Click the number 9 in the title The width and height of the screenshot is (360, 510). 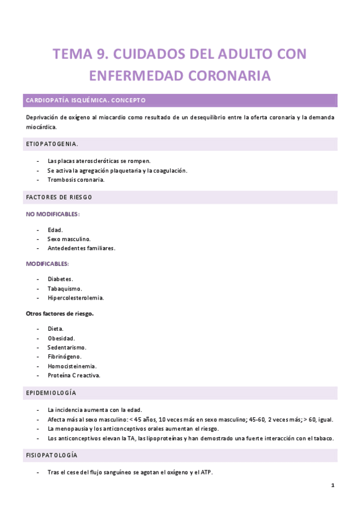[x=100, y=55]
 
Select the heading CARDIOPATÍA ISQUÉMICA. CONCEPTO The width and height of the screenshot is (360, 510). [x=85, y=100]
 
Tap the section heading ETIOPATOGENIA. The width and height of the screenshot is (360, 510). [x=52, y=144]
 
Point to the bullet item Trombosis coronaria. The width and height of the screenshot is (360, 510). [x=76, y=180]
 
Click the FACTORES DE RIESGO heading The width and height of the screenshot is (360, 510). [x=58, y=197]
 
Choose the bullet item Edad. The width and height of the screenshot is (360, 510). [x=55, y=230]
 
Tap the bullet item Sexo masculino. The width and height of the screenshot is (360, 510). [x=69, y=239]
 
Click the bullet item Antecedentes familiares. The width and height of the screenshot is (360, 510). [x=81, y=248]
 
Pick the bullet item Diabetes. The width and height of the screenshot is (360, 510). [x=60, y=279]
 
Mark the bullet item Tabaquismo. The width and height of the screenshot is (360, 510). [x=65, y=288]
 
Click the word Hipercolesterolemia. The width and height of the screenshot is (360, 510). [x=76, y=297]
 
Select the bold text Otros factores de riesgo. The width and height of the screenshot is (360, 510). [x=59, y=313]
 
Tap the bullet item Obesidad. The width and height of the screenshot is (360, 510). [x=61, y=339]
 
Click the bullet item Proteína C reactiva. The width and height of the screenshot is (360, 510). [x=74, y=375]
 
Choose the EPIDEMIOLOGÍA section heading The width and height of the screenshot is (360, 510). [x=50, y=392]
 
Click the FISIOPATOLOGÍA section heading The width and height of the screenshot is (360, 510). [x=52, y=455]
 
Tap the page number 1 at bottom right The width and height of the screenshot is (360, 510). [x=332, y=485]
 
